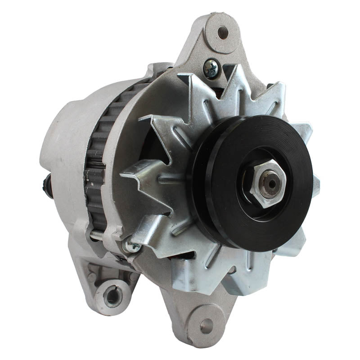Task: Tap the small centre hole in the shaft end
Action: point(270,184)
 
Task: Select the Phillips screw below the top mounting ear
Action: point(211,69)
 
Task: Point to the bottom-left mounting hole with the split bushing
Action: point(112,295)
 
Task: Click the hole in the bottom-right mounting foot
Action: point(207,325)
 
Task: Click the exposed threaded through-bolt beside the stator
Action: point(106,234)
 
